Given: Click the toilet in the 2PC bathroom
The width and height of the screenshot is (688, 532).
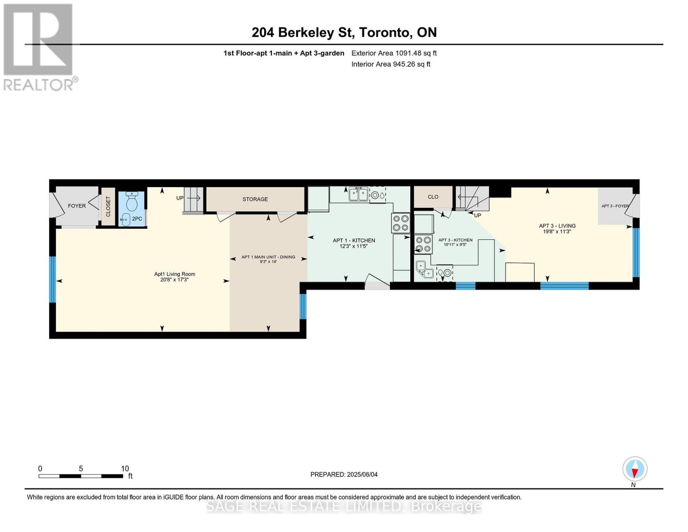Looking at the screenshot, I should tap(132, 203).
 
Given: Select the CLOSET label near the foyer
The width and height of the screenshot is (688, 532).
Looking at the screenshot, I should tap(108, 207).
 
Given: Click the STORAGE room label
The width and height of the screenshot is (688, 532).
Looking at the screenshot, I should tap(255, 199).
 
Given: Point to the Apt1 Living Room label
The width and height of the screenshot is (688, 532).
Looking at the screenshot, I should tap(175, 274).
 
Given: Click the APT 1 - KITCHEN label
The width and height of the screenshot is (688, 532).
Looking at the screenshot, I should tap(354, 240).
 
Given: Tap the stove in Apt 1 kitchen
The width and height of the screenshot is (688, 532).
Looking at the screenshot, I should tap(400, 223).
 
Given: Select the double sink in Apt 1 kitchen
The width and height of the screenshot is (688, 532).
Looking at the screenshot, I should tap(358, 194).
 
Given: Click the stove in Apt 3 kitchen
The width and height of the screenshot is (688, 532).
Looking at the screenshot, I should tap(423, 244).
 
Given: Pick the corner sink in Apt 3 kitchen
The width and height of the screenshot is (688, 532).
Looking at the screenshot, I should tap(424, 269).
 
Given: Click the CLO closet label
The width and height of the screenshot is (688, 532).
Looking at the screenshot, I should tap(433, 197).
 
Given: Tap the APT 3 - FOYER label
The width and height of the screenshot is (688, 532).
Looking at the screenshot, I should tap(615, 206).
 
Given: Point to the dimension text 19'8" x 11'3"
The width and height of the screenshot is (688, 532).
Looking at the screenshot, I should tap(557, 231).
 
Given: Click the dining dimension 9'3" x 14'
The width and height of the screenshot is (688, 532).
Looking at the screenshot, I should tap(268, 262).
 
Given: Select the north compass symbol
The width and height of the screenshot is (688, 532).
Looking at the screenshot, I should tap(635, 469).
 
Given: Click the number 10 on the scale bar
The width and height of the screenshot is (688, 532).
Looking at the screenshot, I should tap(125, 469).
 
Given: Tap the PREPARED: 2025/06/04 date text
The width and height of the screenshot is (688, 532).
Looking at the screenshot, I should tap(344, 474).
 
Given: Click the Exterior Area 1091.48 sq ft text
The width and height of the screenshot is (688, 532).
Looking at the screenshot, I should tap(394, 53).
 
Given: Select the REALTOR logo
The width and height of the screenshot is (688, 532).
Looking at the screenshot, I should tap(39, 47).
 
